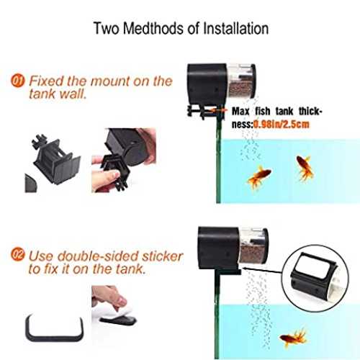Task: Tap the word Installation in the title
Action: [x=236, y=28]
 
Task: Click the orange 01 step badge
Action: [x=18, y=81]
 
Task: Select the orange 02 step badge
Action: [x=18, y=254]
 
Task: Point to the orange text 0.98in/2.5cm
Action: [x=282, y=125]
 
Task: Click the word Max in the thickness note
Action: [x=240, y=111]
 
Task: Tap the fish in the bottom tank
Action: [x=294, y=338]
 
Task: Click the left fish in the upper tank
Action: [x=259, y=176]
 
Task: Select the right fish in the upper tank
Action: [x=305, y=167]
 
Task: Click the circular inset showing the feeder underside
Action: [x=316, y=278]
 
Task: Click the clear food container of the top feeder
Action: [x=240, y=81]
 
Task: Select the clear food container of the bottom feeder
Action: [x=253, y=246]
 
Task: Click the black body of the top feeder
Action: [x=207, y=84]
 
